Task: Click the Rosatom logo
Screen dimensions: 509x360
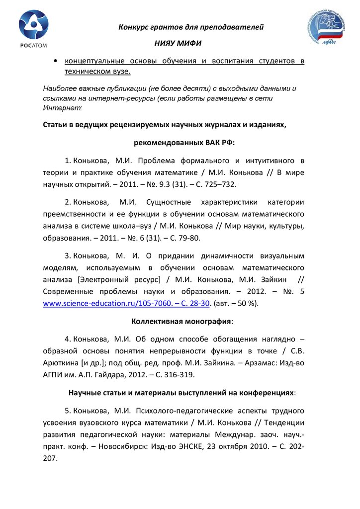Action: click(34, 29)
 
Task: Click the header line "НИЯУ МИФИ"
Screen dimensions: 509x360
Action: click(181, 43)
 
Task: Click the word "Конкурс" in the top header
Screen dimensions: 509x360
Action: click(133, 27)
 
